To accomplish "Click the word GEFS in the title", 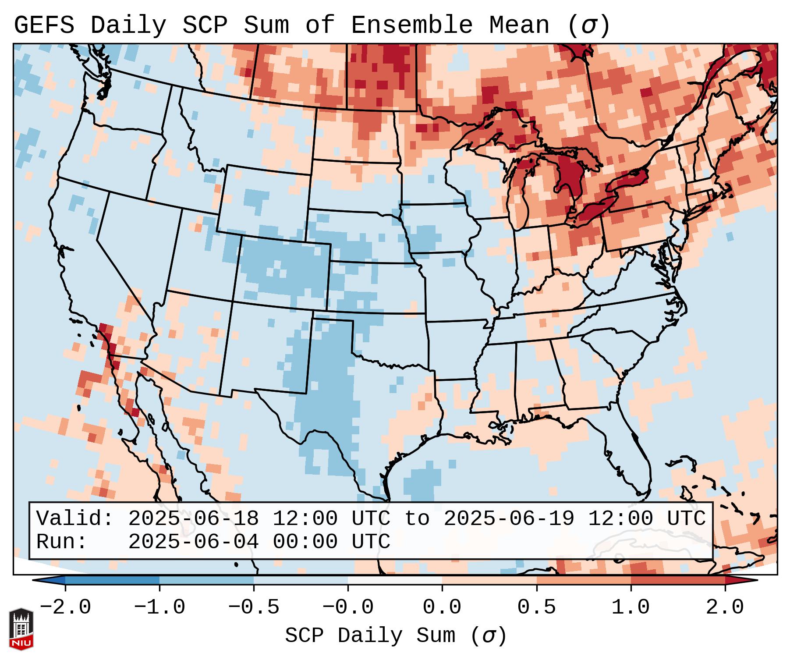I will coord(44,25).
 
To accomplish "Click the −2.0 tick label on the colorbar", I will coord(65,607).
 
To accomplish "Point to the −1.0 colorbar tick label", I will coord(159,607).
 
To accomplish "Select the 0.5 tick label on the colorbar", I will coord(537,607).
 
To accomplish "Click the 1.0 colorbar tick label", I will coord(631,607).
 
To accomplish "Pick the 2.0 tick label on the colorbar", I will coord(725,607).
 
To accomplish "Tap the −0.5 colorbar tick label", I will coord(254,607).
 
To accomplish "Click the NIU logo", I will coord(21,629).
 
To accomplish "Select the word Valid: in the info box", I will coord(74,518).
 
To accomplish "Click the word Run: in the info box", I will coord(61,542).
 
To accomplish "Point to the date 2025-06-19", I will coord(509,518).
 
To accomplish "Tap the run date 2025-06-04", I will coord(193,542).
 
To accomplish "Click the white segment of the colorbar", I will coord(395,580).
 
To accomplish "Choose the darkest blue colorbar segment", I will coord(112,580).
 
